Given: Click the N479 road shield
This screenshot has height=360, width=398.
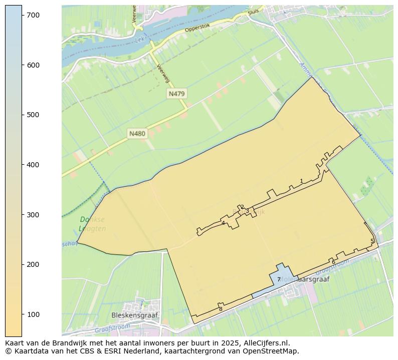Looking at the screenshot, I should click(x=177, y=94).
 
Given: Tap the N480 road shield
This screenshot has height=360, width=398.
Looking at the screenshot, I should click(x=137, y=134).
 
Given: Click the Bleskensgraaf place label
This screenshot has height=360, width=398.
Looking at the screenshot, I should click(x=134, y=315).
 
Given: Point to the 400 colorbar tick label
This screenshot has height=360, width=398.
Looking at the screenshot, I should click(x=34, y=165).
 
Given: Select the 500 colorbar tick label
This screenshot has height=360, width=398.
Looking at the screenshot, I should click(x=34, y=115).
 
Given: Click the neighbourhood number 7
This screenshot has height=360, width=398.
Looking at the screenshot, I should click(x=279, y=279).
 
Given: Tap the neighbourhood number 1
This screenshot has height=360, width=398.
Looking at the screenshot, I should click(x=301, y=181).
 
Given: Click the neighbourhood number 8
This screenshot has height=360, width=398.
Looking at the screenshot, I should click(x=221, y=309).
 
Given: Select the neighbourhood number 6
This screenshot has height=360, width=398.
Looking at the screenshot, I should click(x=333, y=262).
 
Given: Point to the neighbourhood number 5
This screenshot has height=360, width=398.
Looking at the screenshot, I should click(x=372, y=241).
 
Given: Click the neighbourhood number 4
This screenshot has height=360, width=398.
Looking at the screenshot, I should click(x=223, y=223).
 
